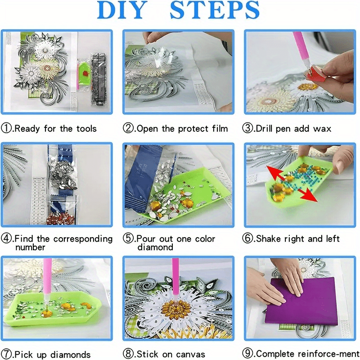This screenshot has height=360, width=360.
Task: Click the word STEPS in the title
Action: (215, 11)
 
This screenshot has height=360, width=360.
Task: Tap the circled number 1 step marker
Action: (6, 129)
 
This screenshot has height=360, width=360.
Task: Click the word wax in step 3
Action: (321, 129)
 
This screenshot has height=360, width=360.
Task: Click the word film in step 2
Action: (218, 129)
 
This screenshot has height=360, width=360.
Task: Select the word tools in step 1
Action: (85, 129)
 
